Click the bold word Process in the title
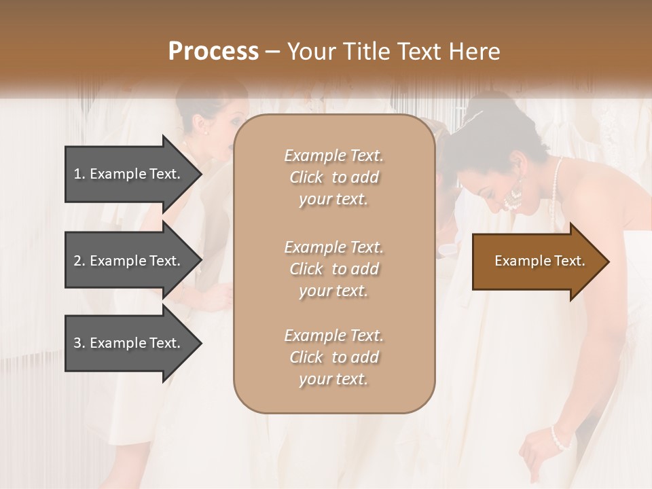213,52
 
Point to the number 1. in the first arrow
79,174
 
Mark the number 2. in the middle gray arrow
79,261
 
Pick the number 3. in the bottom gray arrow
79,343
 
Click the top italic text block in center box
333,177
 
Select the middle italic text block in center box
333,269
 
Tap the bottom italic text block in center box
333,357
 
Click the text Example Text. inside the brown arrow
540,261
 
